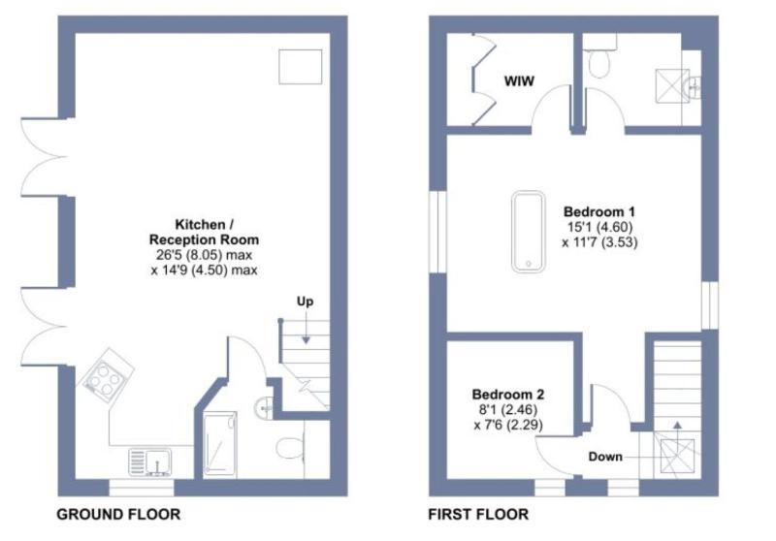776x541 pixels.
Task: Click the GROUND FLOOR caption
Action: pyautogui.click(x=118, y=514)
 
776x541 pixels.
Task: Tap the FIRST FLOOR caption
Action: pyautogui.click(x=478, y=514)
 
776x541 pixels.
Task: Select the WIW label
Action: pyautogui.click(x=519, y=81)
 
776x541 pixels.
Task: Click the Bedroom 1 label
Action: pyautogui.click(x=599, y=211)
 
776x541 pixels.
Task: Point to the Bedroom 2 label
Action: pyautogui.click(x=508, y=395)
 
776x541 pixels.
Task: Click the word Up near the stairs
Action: pyautogui.click(x=305, y=302)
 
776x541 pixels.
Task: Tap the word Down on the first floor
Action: pyautogui.click(x=605, y=457)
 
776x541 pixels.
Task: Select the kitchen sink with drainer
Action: pyautogui.click(x=150, y=461)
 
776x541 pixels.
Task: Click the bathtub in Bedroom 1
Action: pyautogui.click(x=529, y=232)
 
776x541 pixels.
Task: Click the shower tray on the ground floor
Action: pyautogui.click(x=220, y=443)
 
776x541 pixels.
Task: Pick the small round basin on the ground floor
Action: pyautogui.click(x=263, y=408)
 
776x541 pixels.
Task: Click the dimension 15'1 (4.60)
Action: pyautogui.click(x=599, y=227)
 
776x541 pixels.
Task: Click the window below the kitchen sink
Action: pyautogui.click(x=142, y=488)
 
